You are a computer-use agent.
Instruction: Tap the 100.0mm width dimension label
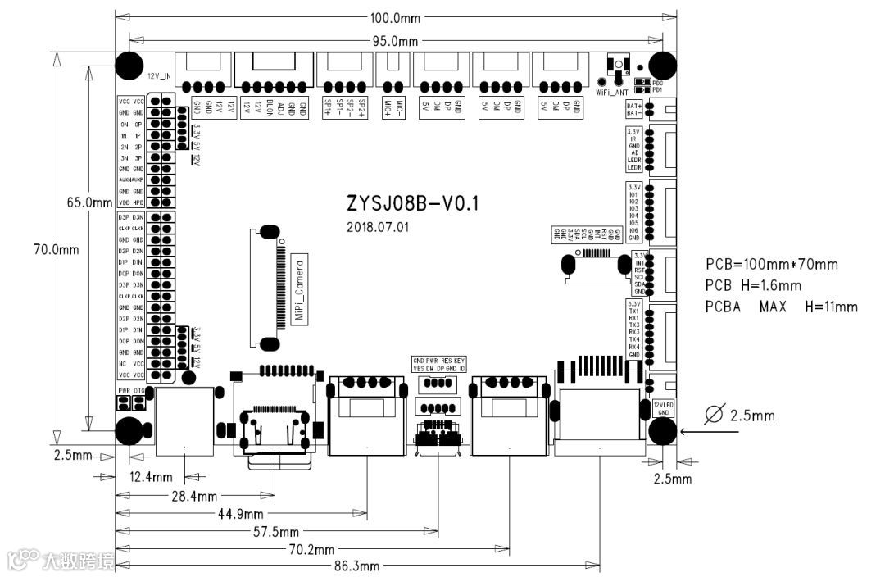[x=397, y=17]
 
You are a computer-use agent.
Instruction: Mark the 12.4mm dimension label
[x=151, y=476]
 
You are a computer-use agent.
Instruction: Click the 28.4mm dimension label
[x=195, y=496]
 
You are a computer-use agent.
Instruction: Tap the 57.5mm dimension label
[x=276, y=532]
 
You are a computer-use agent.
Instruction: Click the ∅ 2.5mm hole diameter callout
[x=739, y=416]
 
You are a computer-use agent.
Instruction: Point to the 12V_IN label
[x=159, y=75]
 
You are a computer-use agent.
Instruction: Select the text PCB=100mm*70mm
[x=772, y=265]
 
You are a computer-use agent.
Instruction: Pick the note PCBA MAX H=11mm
[x=781, y=307]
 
